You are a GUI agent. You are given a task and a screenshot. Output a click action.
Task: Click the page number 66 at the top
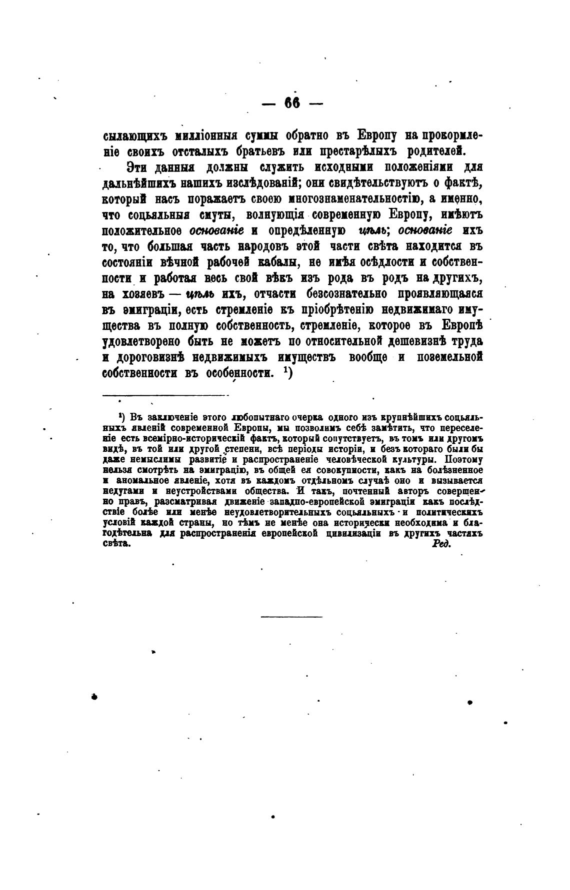[x=292, y=103]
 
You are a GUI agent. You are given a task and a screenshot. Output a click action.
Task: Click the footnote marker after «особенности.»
[x=287, y=372]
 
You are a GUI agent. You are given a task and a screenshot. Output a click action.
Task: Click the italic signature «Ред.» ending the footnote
[x=441, y=545]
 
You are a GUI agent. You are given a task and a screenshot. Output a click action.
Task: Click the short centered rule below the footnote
[x=291, y=617]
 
